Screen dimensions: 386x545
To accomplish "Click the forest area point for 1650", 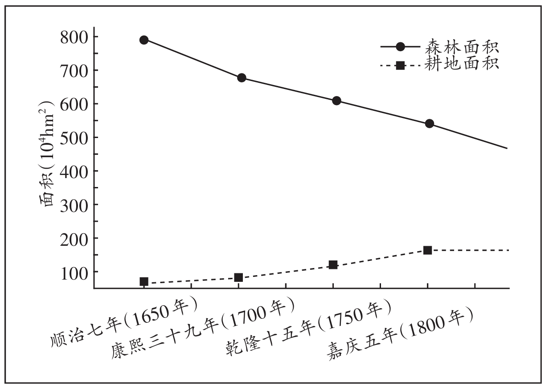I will [x=143, y=40].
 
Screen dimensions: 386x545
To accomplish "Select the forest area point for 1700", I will [x=242, y=78].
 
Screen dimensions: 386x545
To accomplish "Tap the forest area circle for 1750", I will [x=336, y=101].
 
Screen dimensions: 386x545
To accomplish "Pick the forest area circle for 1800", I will [x=430, y=123].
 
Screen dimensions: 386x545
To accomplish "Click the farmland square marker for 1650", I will [x=143, y=281].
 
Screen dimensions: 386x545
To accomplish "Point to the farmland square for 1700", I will [x=238, y=277].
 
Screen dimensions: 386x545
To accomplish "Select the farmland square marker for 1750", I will [x=333, y=265].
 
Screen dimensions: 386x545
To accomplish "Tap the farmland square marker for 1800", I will [x=427, y=250].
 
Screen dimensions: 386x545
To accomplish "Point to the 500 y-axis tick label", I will [x=73, y=137].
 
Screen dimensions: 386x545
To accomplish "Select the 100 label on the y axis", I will [x=73, y=272].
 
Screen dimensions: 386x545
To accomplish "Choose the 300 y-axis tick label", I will [x=73, y=204].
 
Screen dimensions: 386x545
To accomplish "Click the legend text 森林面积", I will [x=460, y=46].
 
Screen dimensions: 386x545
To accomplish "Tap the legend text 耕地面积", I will [x=460, y=64].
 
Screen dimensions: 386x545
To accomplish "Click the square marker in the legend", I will [x=400, y=65].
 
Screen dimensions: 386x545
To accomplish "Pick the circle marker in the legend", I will [x=400, y=47].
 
